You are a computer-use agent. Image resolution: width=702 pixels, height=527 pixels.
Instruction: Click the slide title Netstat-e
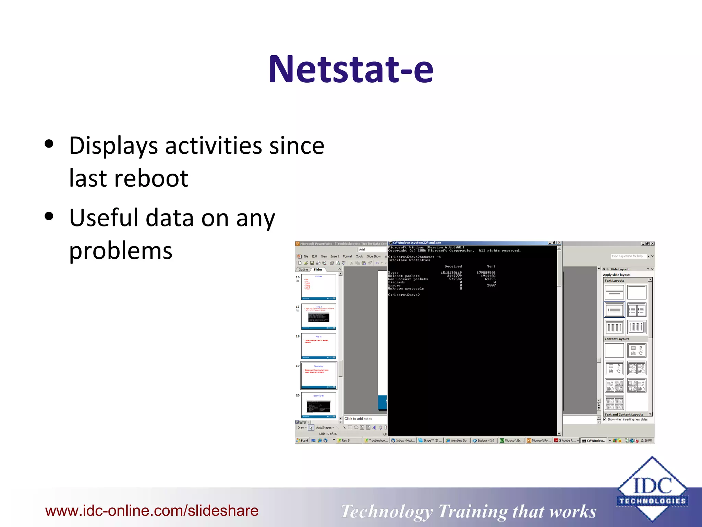351,70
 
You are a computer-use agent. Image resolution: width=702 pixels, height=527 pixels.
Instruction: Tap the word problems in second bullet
121,250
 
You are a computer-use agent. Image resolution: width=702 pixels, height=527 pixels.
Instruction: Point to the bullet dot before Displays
49,144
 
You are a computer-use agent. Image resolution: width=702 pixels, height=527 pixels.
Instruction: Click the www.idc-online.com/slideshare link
152,511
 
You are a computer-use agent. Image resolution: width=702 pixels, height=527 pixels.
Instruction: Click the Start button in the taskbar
302,441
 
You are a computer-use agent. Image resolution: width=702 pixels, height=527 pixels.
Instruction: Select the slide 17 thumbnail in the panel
318,316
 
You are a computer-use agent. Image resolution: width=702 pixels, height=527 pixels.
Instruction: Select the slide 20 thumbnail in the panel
318,405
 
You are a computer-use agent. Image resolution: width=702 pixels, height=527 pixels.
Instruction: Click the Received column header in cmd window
453,266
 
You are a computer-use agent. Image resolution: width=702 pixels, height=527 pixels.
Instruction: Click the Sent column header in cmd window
491,266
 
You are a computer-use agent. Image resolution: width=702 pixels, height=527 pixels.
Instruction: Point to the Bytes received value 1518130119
451,273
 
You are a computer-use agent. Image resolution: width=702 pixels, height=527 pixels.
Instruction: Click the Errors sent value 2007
491,285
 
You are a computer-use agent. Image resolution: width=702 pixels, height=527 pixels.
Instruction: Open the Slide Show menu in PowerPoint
373,256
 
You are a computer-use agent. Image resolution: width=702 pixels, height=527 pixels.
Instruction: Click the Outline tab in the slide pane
303,269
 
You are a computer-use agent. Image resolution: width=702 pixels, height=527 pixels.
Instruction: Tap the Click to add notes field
358,419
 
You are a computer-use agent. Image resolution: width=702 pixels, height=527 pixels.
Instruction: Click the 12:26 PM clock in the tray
646,441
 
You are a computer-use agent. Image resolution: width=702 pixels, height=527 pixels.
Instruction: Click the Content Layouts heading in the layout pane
617,339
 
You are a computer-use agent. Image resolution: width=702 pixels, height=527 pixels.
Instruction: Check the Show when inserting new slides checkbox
605,419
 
